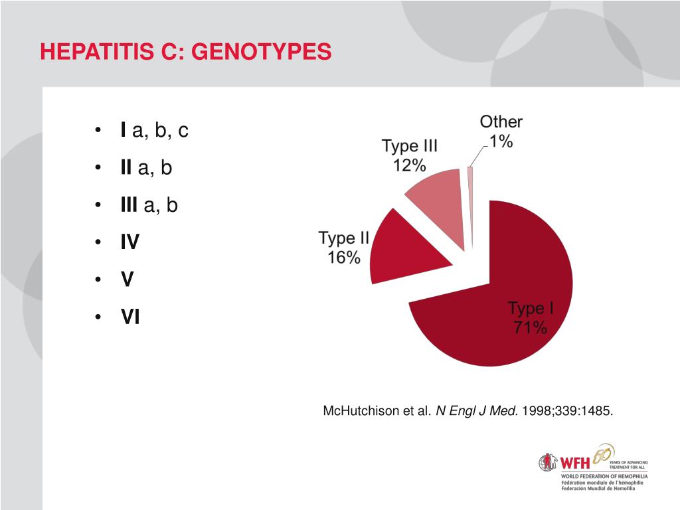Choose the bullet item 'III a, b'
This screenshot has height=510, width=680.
[149, 205]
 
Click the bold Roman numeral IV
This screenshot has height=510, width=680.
[129, 243]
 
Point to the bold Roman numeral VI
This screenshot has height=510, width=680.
[129, 318]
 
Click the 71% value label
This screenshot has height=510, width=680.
[530, 327]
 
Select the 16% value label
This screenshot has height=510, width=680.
[343, 258]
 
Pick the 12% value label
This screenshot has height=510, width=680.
[409, 166]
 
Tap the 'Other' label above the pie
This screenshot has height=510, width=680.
[501, 122]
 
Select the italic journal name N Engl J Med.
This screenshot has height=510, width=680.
[477, 411]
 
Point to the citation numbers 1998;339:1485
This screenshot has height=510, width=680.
[568, 411]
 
